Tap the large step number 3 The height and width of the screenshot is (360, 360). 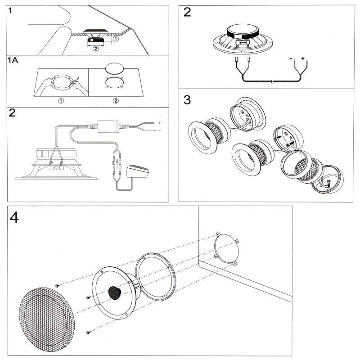187,99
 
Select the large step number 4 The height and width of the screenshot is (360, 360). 15,217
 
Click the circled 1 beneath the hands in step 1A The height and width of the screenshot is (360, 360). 61,100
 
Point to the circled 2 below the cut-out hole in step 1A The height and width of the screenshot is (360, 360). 116,100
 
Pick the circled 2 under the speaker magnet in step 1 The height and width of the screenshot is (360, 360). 95,49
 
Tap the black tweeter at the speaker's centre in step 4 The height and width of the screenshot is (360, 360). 114,293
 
